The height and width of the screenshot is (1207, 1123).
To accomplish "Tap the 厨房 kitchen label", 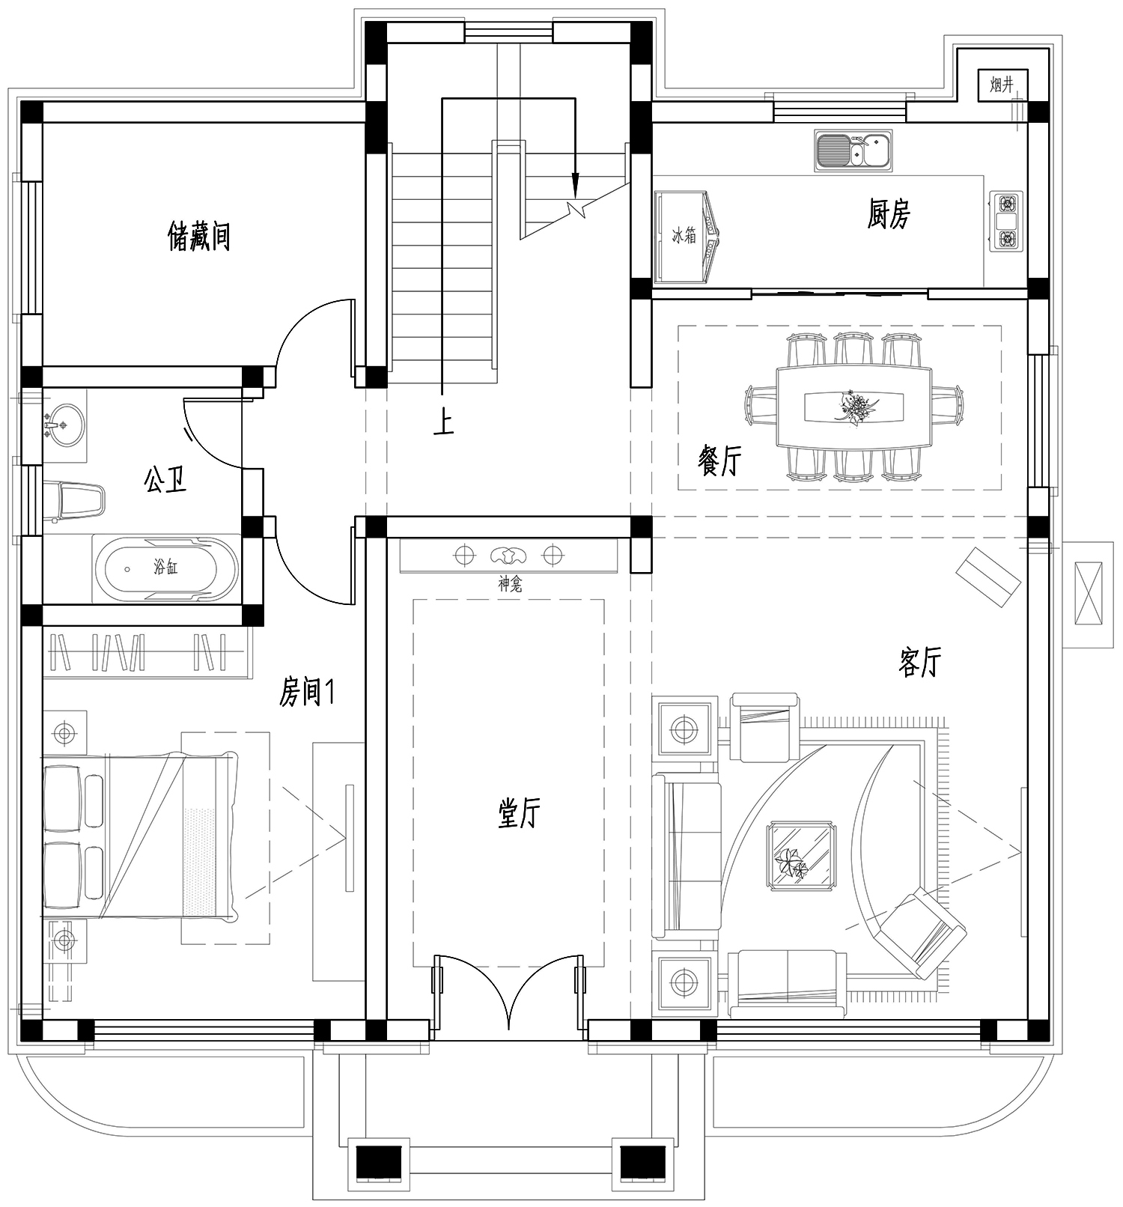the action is pos(889,214).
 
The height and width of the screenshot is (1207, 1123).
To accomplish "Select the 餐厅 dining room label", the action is pos(719,460).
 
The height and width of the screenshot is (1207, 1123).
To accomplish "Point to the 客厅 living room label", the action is pos(919,662).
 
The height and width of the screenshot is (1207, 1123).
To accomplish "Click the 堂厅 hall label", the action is pos(519,812).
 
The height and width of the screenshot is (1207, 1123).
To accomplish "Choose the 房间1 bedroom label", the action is pos(306,693).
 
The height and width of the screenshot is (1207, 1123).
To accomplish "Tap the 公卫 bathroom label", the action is pos(165,479).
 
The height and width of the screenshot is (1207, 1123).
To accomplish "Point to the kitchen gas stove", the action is pos(1006,221).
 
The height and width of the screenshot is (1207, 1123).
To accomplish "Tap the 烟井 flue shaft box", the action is pos(1002,85).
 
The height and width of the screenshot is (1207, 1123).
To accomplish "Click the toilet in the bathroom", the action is pos(73,499).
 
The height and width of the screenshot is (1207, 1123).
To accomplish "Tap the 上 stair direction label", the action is pos(443,425).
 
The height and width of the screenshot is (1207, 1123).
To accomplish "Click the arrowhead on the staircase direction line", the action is pos(575,183).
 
